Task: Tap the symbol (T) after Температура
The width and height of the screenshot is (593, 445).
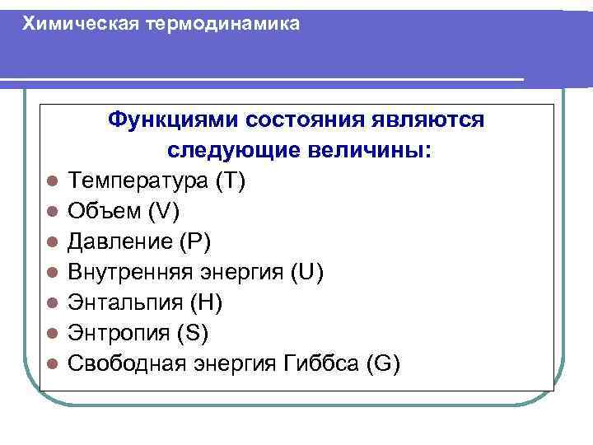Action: coord(228,180)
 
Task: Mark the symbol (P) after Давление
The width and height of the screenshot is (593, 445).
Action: coord(196,241)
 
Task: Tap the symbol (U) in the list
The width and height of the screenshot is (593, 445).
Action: coord(308,272)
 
